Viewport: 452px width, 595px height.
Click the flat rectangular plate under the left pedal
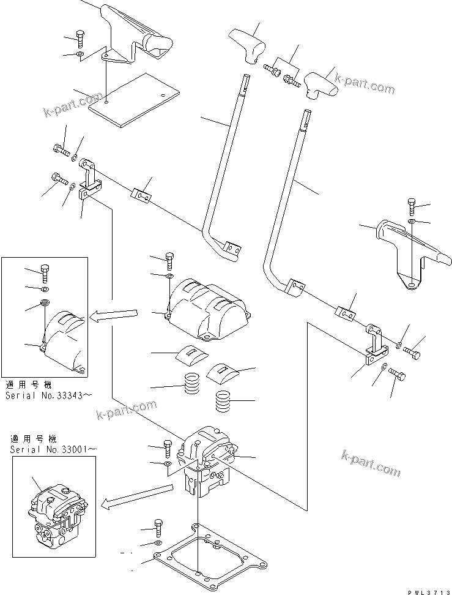[x=135, y=100]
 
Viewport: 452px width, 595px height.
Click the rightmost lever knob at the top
[x=320, y=85]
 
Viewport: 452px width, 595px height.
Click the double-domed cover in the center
[x=207, y=309]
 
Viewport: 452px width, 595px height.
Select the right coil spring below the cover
[x=226, y=402]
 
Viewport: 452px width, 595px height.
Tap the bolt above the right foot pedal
[x=412, y=206]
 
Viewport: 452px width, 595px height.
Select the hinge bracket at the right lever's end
[x=375, y=347]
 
